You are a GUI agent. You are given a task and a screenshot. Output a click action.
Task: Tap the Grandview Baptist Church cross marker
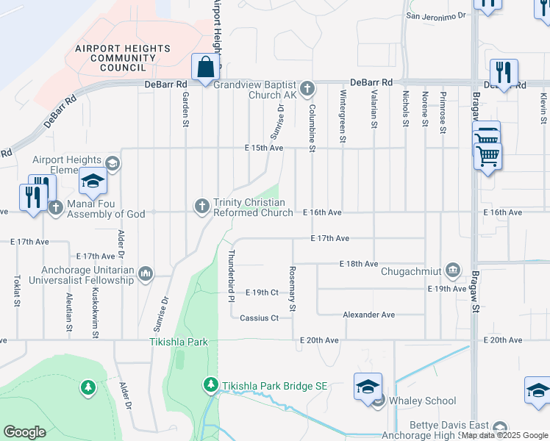[x=307, y=90]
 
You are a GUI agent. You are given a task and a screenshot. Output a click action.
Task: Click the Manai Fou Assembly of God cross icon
[x=55, y=207]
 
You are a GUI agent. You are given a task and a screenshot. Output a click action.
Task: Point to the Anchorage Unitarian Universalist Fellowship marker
[x=146, y=274]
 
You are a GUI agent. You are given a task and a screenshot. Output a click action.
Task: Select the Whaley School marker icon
[x=378, y=401]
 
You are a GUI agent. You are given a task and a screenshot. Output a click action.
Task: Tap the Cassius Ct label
[x=260, y=318]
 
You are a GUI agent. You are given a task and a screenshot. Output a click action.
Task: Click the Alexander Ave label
[x=369, y=315]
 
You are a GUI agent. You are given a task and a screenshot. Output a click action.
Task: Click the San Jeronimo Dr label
[x=437, y=15]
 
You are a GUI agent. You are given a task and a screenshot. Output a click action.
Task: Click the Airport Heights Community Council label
[x=122, y=58]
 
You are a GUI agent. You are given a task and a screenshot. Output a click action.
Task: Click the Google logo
[x=24, y=432]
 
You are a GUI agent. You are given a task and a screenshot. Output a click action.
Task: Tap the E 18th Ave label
[x=358, y=264]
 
